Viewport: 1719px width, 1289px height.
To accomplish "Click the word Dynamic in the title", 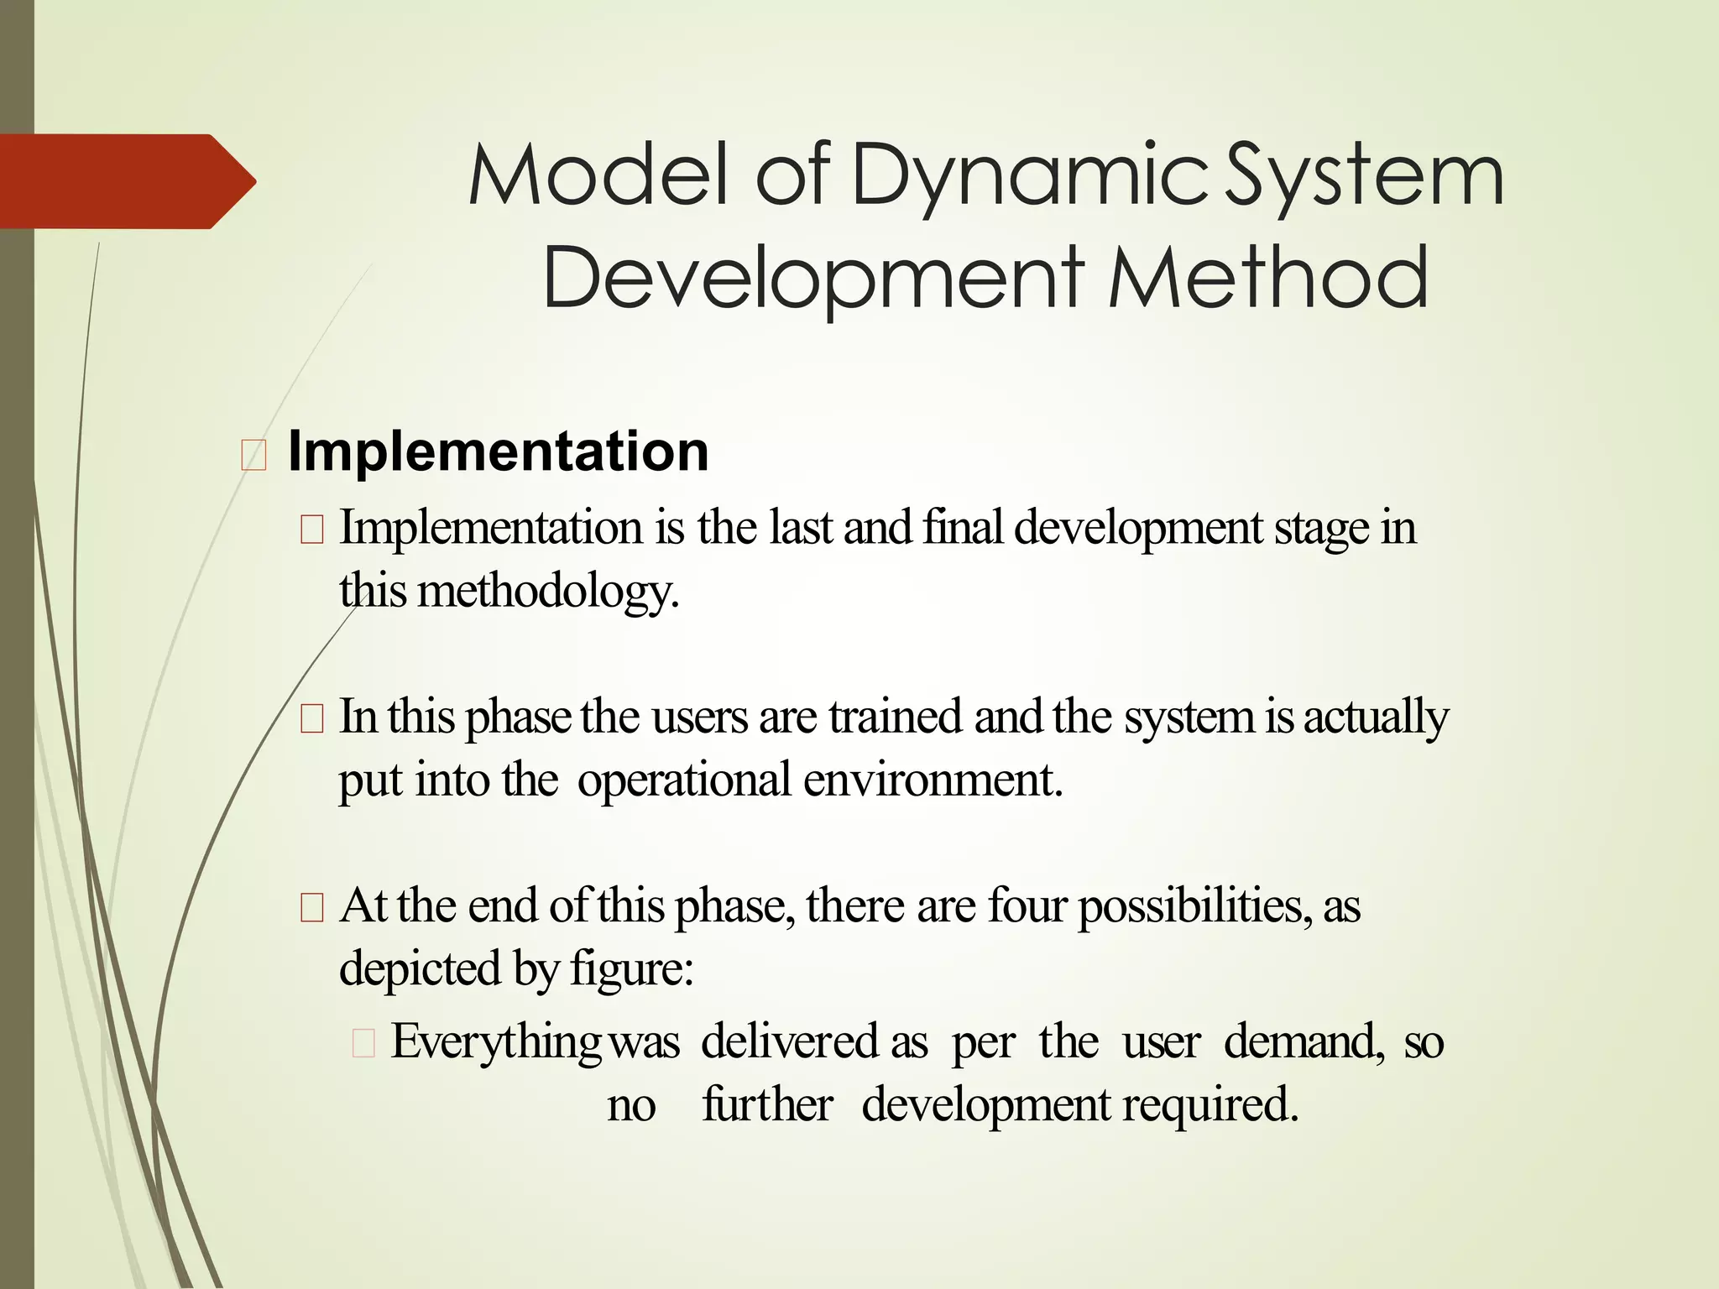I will (1030, 176).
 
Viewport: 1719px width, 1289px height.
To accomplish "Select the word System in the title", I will (1364, 176).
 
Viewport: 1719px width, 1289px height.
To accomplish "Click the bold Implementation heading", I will (498, 451).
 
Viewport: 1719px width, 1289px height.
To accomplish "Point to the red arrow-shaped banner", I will (126, 181).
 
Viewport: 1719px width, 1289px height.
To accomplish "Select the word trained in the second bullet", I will (895, 718).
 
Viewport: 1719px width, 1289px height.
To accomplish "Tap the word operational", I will (684, 780).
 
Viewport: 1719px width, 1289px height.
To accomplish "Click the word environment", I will (933, 780).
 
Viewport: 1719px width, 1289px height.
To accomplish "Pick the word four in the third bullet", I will (1027, 906).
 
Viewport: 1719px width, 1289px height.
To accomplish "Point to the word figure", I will (630, 969).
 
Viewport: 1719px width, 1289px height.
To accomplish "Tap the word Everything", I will (496, 1043).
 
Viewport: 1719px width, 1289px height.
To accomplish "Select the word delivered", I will (790, 1041).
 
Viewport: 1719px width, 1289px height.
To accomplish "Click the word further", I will (767, 1104).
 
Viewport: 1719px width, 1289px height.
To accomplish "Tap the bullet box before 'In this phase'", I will (311, 720).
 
